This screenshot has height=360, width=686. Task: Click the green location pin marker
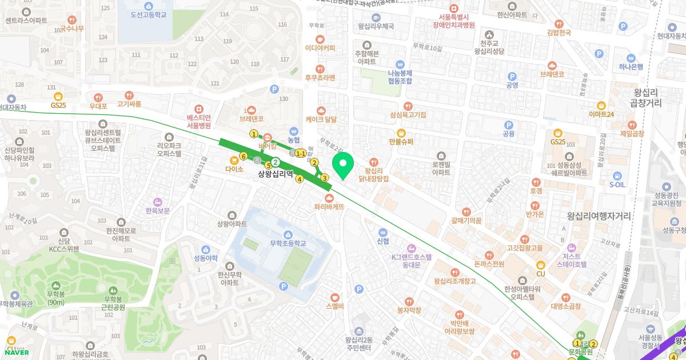point(343,166)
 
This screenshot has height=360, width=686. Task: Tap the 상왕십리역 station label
point(276,174)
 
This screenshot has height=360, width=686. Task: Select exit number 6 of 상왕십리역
point(244,156)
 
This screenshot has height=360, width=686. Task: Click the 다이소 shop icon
point(234,161)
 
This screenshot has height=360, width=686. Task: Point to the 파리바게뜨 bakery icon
point(329,198)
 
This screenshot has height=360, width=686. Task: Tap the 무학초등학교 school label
point(288,243)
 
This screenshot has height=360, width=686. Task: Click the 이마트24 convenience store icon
point(601,105)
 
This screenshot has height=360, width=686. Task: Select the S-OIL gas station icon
point(617,175)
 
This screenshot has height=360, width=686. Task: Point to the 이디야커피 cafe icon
point(320,39)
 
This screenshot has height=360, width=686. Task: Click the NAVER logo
point(16,352)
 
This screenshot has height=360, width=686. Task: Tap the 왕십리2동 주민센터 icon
point(358,331)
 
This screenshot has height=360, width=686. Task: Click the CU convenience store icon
point(540,265)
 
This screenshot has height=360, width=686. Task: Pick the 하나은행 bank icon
point(631,58)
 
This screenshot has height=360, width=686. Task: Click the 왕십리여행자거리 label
point(599,217)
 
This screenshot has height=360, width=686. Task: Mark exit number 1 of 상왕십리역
point(254,134)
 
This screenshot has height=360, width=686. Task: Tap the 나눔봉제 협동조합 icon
point(400,65)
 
